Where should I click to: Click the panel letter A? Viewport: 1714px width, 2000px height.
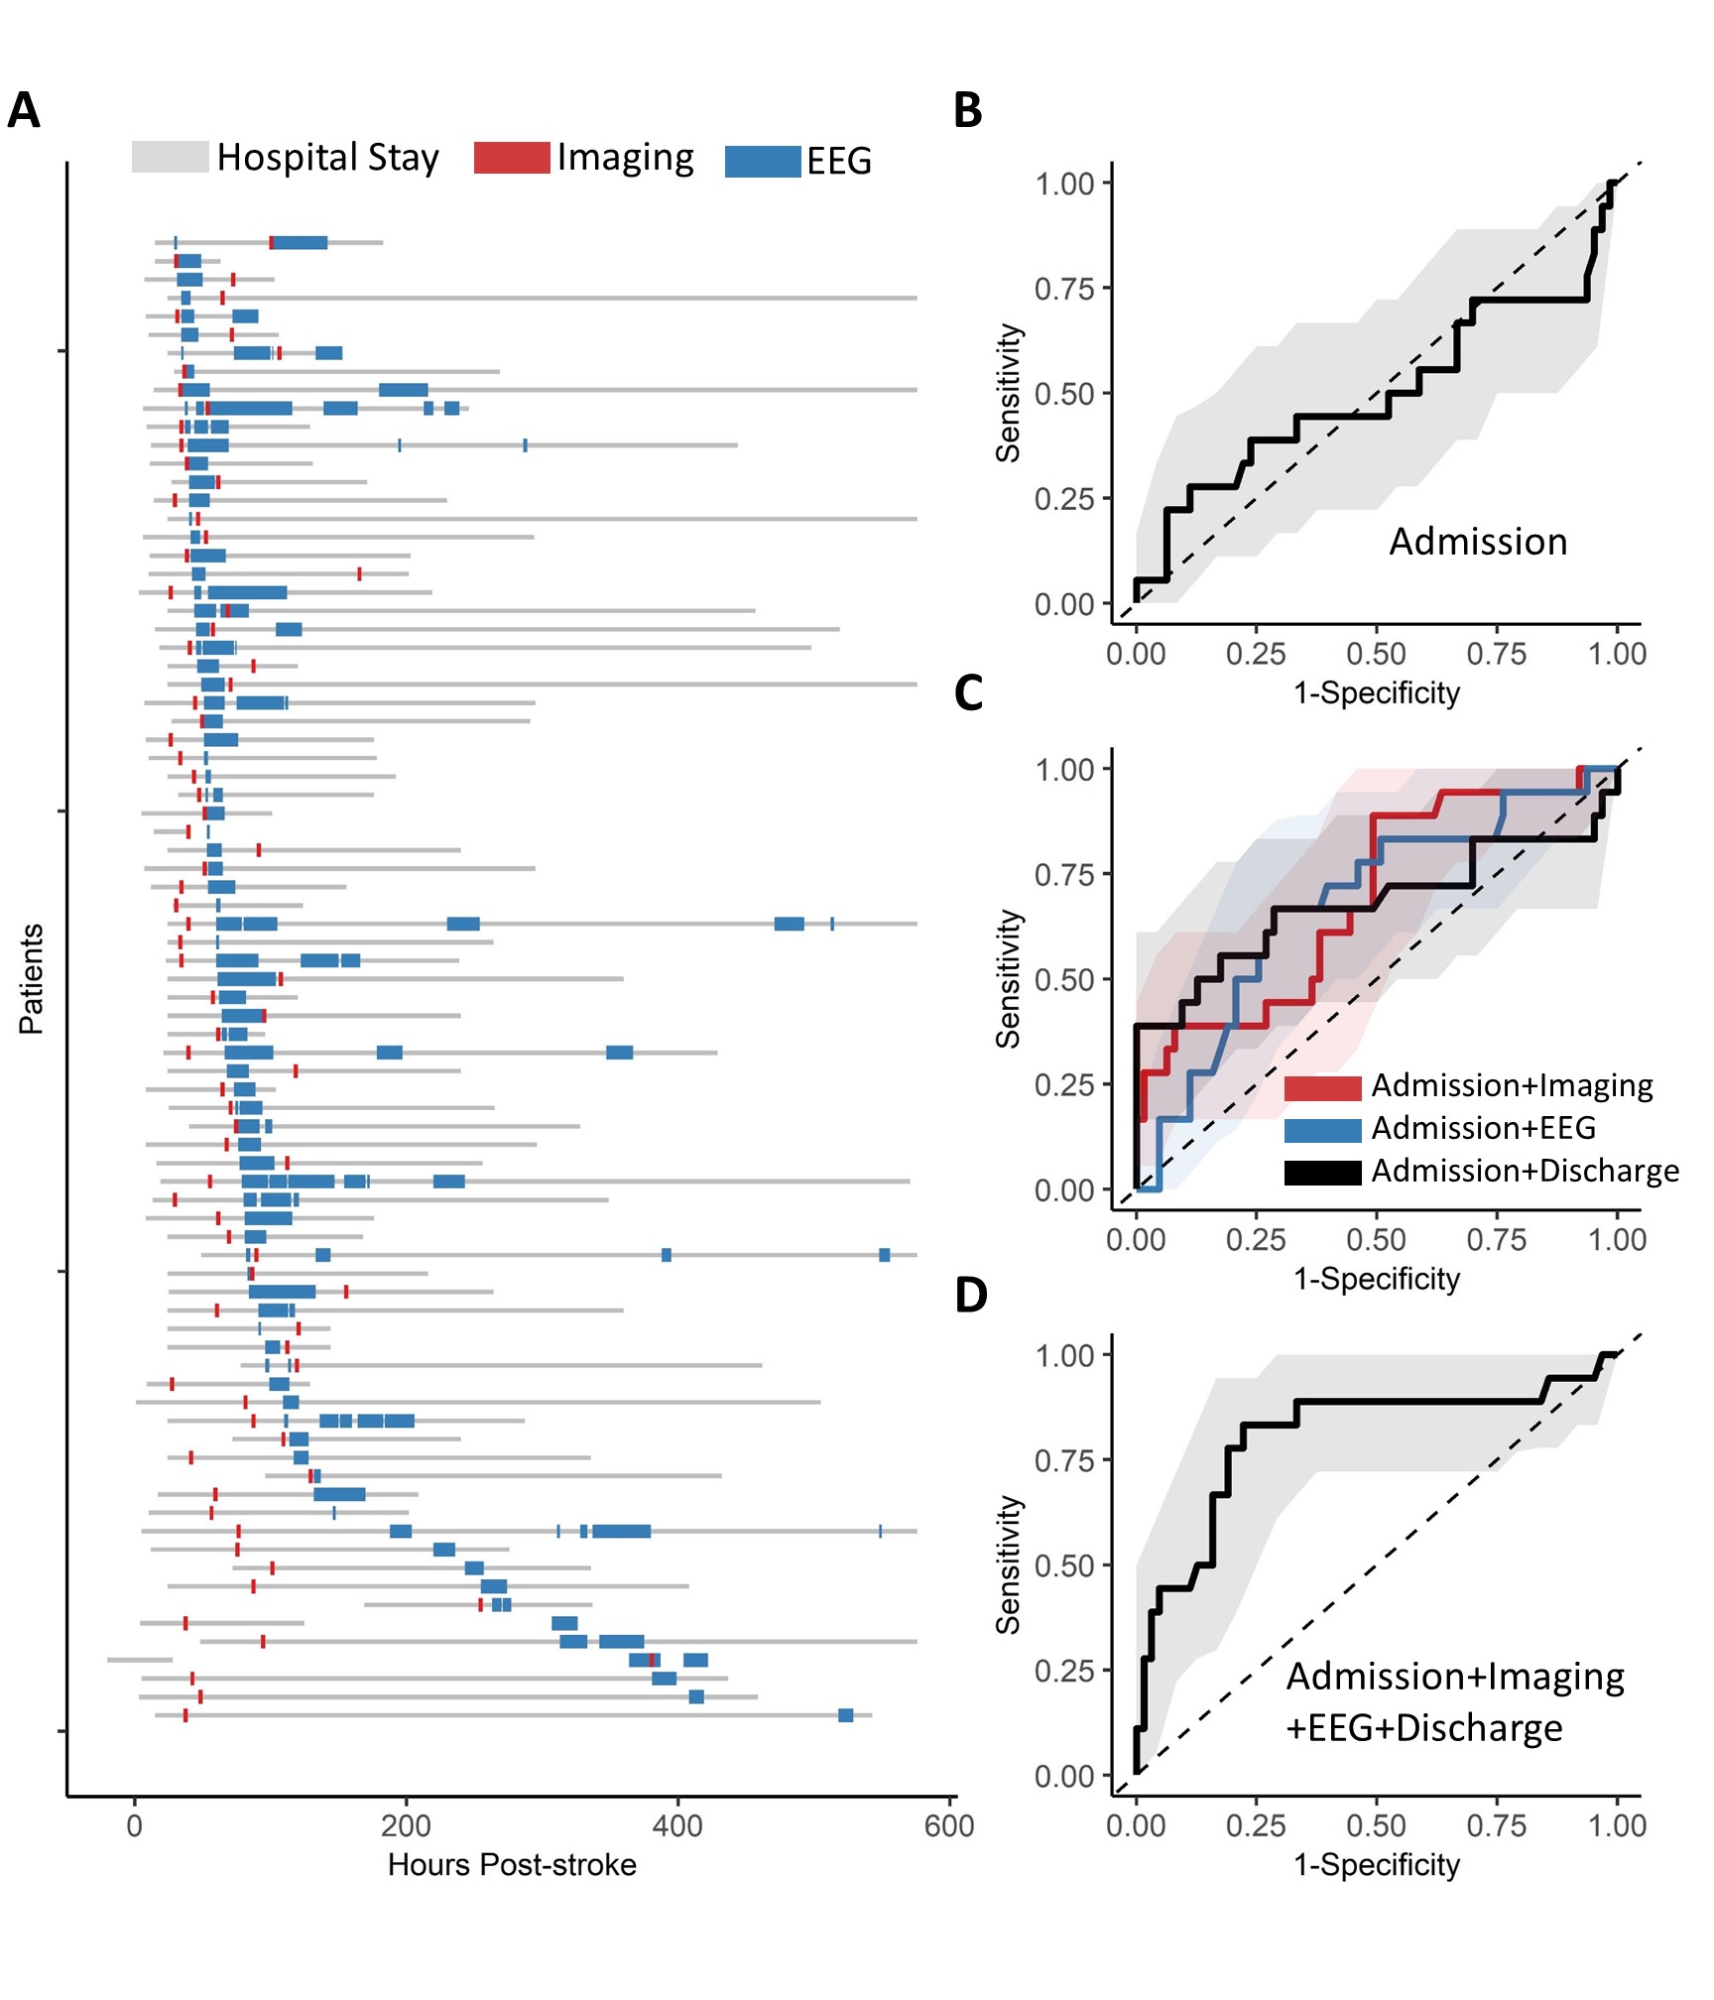pos(24,110)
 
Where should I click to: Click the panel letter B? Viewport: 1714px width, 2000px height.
pos(967,110)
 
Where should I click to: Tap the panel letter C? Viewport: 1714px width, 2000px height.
pos(968,692)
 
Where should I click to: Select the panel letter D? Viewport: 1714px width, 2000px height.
pos(970,1295)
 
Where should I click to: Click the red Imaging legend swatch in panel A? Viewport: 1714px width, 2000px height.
pos(512,158)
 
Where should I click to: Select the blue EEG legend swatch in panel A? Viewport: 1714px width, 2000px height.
pos(763,161)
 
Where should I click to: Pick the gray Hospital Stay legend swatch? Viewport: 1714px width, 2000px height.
pos(170,157)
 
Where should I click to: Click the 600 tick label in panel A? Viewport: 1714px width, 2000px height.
pos(949,1826)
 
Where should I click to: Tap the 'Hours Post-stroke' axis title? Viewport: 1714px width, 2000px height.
pos(512,1865)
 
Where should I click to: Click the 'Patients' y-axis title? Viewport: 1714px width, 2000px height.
pos(32,979)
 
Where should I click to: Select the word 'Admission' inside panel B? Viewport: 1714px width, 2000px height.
pos(1478,542)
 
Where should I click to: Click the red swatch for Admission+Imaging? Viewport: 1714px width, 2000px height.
pos(1322,1087)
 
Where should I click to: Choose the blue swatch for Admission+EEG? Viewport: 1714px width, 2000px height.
pos(1322,1130)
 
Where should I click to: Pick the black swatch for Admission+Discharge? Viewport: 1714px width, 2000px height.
pos(1322,1173)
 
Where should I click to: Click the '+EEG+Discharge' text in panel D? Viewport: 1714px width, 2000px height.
pos(1424,1728)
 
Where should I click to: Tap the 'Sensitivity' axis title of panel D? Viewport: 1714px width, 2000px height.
pos(1009,1564)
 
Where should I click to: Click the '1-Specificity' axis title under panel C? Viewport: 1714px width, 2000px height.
pos(1377,1279)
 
